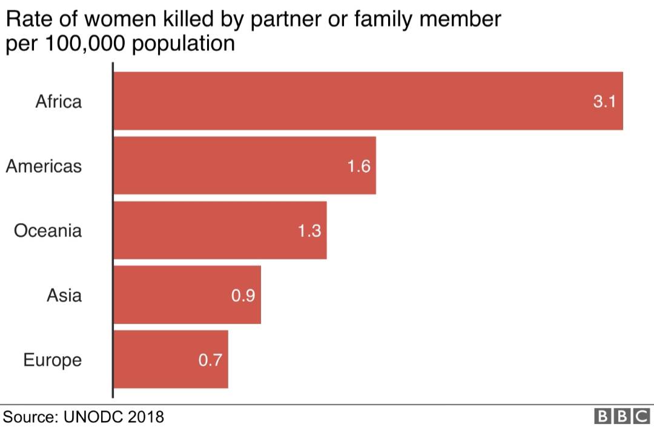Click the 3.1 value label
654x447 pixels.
click(604, 101)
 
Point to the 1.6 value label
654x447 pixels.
click(358, 166)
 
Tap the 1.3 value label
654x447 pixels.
click(309, 231)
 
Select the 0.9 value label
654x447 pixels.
click(243, 296)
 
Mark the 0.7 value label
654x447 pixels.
click(210, 360)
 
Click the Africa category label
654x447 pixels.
click(58, 101)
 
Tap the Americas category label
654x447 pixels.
click(44, 166)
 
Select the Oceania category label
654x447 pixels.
click(48, 231)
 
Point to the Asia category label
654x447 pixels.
click(64, 296)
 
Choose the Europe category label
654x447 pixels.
click(52, 360)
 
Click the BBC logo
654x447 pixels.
click(623, 417)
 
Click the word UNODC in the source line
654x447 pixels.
click(94, 417)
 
